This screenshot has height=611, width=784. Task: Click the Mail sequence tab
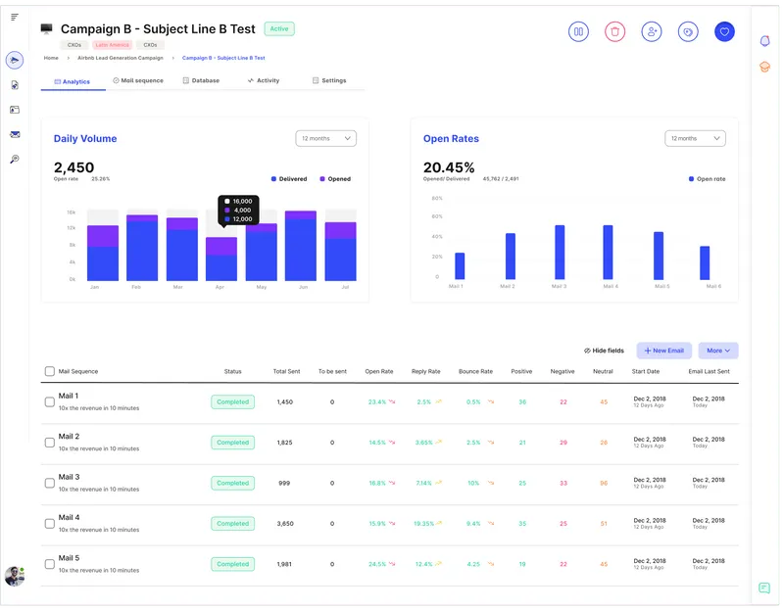tap(138, 80)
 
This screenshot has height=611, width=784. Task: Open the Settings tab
tap(329, 80)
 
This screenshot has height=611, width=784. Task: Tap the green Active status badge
tap(279, 29)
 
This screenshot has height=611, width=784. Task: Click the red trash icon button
tap(614, 31)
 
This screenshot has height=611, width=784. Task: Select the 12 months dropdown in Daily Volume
tap(325, 139)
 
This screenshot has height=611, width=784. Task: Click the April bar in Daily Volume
tap(221, 259)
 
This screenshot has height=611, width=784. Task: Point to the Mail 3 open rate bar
tap(560, 253)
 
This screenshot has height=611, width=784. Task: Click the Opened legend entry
tap(334, 179)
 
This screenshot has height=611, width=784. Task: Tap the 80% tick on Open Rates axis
tap(437, 198)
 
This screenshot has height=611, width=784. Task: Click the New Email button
tap(664, 351)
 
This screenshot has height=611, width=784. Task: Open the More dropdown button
tap(718, 351)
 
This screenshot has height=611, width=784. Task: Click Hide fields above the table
tap(604, 351)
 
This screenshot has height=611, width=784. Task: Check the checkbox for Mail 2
tap(50, 443)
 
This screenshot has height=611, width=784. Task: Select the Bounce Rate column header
tap(476, 372)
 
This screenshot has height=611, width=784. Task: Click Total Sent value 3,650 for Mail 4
tap(285, 524)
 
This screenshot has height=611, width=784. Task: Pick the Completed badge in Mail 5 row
tap(232, 564)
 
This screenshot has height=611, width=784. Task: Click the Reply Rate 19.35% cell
tap(423, 524)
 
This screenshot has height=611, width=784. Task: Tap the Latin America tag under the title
tap(112, 45)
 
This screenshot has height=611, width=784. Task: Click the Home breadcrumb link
tap(51, 58)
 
